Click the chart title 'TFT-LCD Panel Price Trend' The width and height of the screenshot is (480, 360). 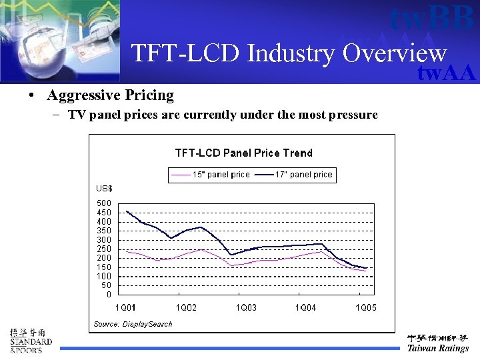[x=243, y=153]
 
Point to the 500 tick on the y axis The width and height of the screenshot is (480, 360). [x=104, y=203]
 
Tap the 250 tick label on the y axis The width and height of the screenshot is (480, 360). [x=104, y=249]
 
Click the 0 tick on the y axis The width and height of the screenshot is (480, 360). [x=109, y=295]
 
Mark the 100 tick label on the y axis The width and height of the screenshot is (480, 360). [x=104, y=276]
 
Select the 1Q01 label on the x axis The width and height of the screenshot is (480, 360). [x=125, y=307]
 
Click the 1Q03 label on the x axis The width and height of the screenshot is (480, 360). [x=246, y=307]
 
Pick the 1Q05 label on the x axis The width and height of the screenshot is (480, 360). [x=365, y=307]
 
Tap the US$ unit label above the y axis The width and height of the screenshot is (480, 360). [x=104, y=189]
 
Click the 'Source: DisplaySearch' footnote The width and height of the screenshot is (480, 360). [x=133, y=324]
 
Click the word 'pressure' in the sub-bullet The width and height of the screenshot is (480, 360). [x=353, y=115]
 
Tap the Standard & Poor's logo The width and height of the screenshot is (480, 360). [x=30, y=341]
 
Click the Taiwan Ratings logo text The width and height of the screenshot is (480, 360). [x=438, y=348]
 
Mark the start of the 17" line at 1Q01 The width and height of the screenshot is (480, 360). [x=127, y=211]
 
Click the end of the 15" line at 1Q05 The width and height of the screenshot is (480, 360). [x=366, y=271]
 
